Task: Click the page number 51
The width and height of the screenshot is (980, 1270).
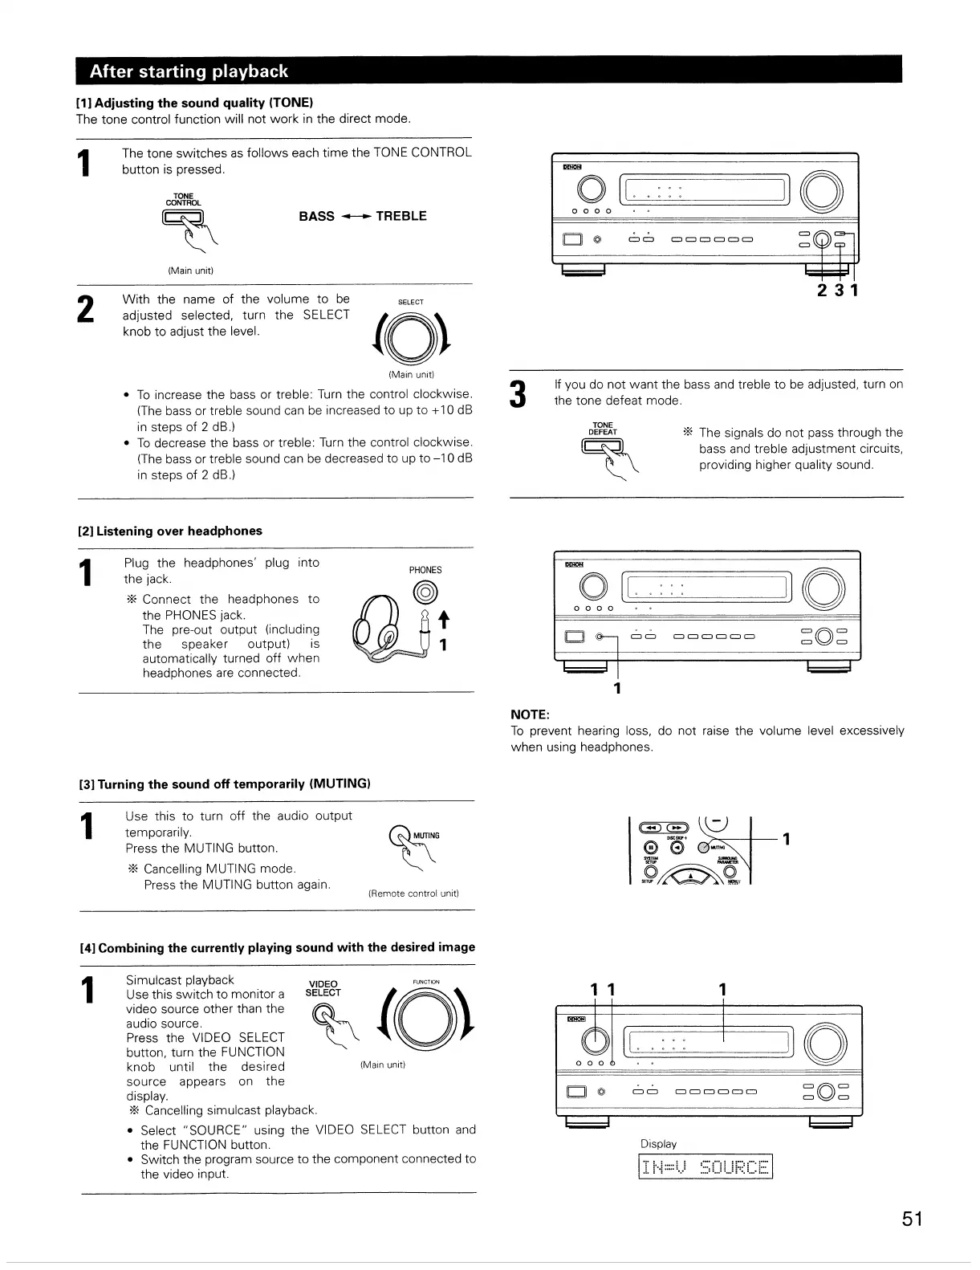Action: click(x=911, y=1219)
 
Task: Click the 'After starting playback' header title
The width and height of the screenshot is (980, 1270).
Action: click(x=189, y=71)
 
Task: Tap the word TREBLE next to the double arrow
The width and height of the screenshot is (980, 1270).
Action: click(x=401, y=216)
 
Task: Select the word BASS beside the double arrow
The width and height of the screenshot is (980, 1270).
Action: click(x=316, y=216)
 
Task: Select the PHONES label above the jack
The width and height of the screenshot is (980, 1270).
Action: click(x=425, y=570)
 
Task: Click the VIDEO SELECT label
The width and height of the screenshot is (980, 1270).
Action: click(x=323, y=987)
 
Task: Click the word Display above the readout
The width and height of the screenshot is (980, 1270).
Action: click(x=658, y=1143)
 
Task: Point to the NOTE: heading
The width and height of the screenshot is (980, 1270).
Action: click(x=530, y=714)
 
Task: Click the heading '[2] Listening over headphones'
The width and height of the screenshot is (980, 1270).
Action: click(x=169, y=531)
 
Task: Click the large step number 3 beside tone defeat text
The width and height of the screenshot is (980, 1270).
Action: click(x=520, y=393)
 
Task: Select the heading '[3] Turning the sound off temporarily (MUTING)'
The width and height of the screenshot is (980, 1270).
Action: click(x=223, y=784)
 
